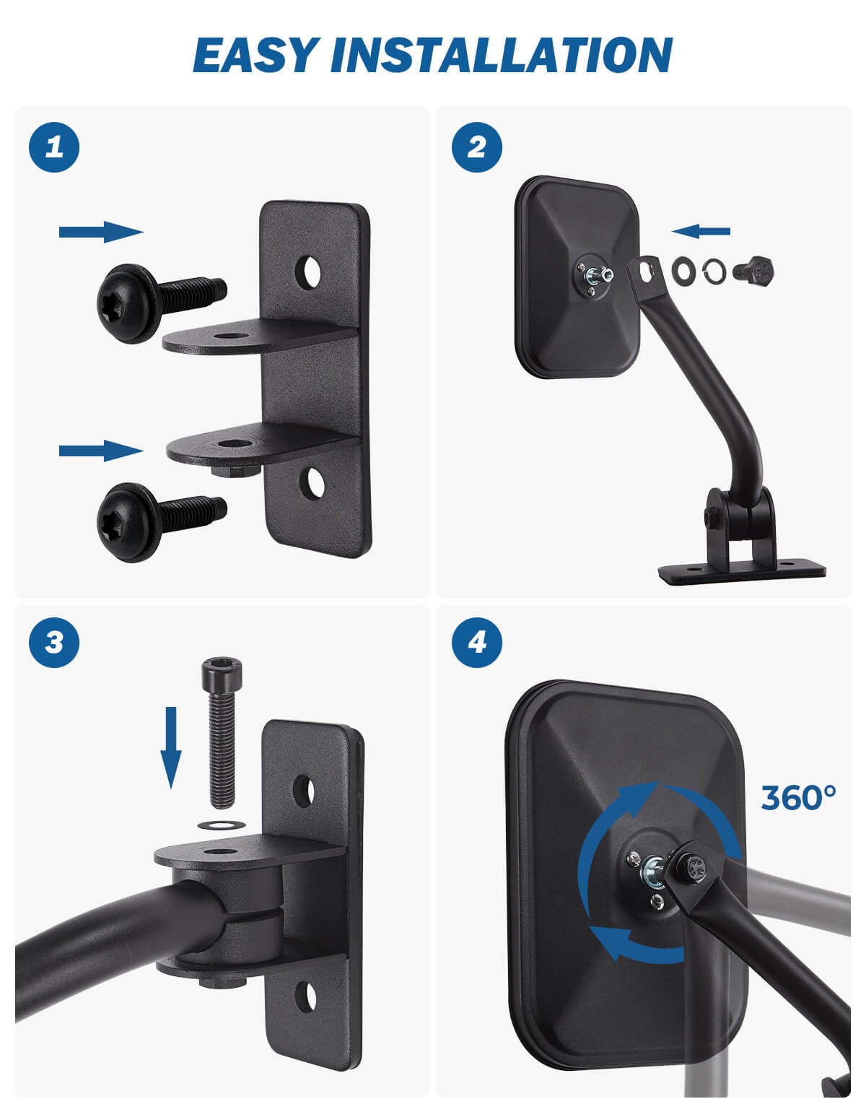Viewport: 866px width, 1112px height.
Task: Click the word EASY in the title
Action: tap(253, 55)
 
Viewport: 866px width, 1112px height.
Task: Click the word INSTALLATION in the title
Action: tap(502, 55)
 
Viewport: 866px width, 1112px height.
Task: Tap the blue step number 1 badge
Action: tap(54, 147)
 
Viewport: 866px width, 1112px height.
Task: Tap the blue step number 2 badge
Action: tap(477, 147)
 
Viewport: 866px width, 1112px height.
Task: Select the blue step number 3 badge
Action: tap(54, 643)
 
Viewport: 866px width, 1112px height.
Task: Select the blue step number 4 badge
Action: tap(477, 643)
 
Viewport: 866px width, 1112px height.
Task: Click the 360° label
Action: tap(798, 798)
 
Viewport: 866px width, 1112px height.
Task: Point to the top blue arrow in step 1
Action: tap(101, 232)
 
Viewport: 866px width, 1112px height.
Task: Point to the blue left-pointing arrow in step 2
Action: tap(701, 231)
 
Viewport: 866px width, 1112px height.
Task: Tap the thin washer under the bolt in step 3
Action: tap(221, 825)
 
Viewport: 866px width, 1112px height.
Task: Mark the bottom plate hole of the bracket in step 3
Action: tap(306, 997)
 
